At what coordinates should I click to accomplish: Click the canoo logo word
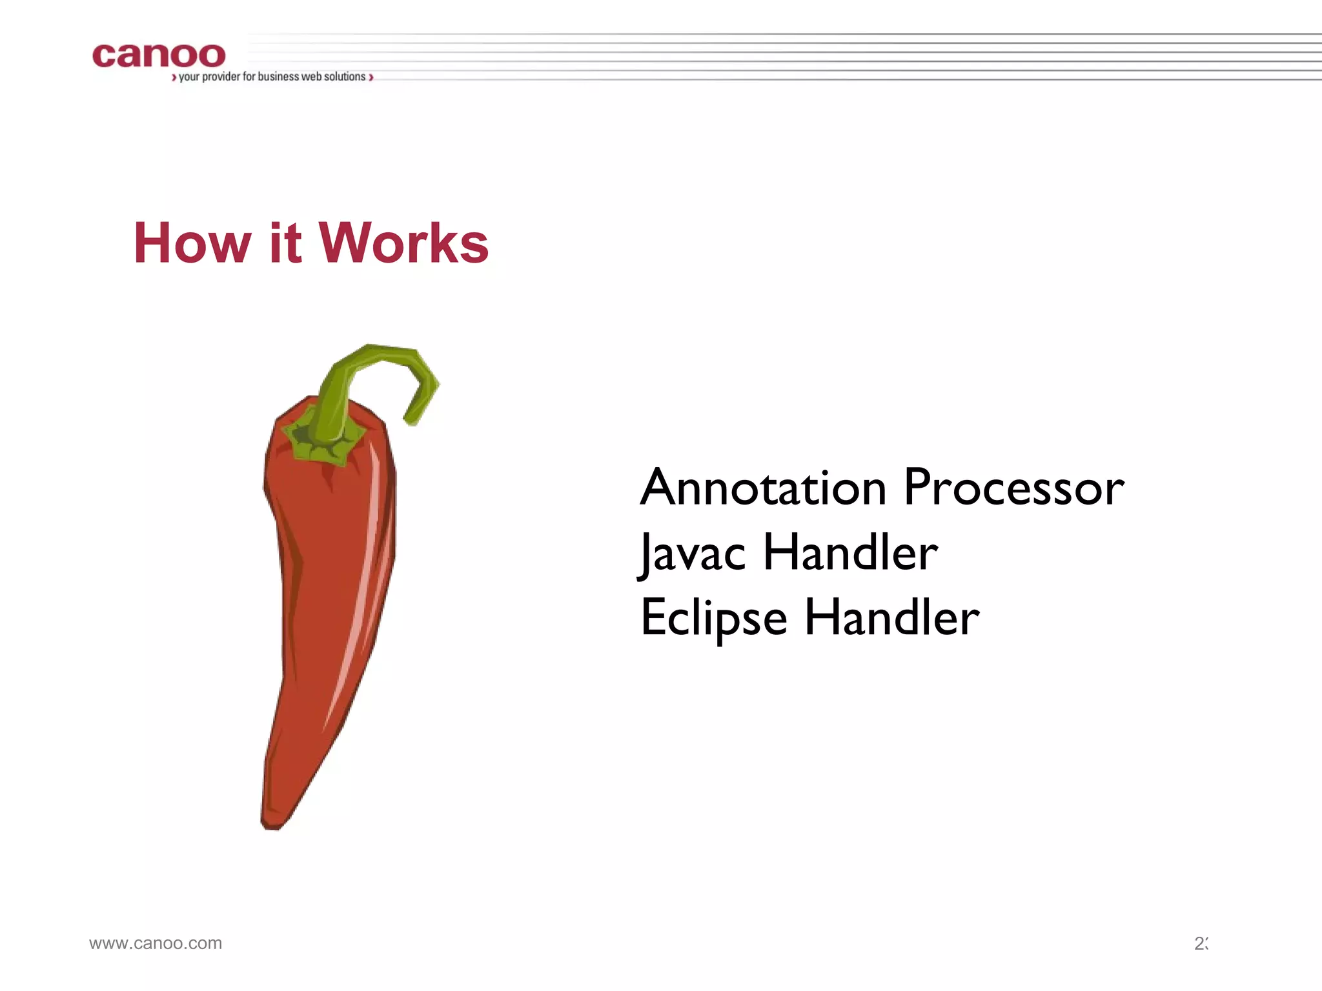click(159, 56)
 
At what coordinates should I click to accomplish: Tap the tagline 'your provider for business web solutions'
click(272, 77)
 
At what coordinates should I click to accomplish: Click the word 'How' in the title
click(192, 243)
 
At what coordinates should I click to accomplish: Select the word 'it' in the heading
click(285, 243)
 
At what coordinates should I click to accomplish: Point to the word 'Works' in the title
click(404, 243)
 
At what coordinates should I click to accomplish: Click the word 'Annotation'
click(763, 488)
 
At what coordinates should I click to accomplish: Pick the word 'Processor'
click(1013, 488)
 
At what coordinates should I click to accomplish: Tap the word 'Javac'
click(692, 554)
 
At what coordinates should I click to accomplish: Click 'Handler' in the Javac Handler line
click(850, 554)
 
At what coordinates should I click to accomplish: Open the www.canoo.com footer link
click(156, 943)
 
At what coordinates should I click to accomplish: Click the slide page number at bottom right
click(1200, 943)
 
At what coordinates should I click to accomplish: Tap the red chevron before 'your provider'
click(174, 77)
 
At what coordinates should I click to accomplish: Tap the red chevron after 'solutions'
click(371, 77)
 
